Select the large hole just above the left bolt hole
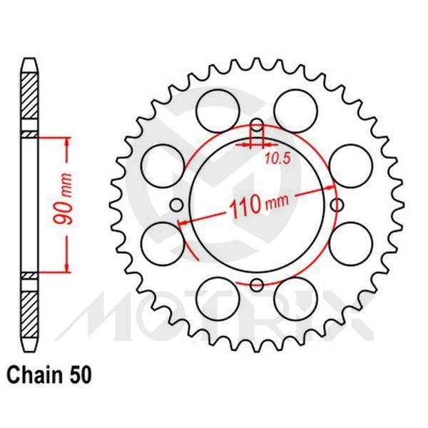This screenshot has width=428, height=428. pyautogui.click(x=163, y=163)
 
